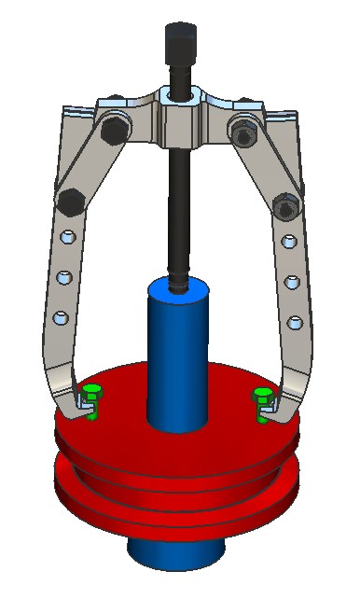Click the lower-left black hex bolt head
71,199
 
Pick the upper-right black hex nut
243,133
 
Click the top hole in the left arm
66,237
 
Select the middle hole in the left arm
63,277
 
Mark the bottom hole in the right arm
296,323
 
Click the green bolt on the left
90,396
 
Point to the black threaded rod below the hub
177,205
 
